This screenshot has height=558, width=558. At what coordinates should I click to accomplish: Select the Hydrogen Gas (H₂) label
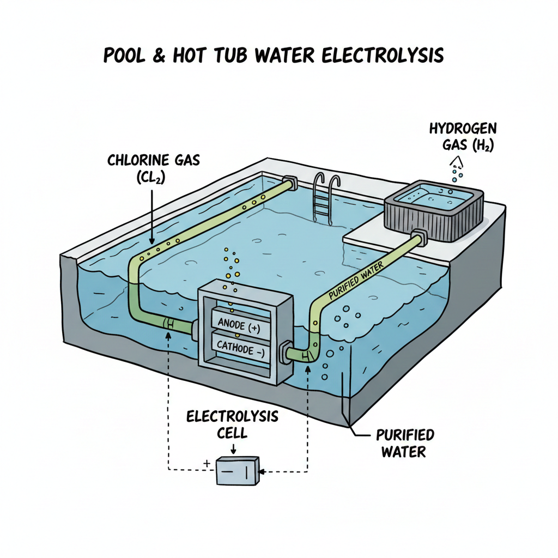461,137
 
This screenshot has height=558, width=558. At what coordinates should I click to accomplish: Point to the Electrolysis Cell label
233,425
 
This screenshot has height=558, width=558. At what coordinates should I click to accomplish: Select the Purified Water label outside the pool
405,443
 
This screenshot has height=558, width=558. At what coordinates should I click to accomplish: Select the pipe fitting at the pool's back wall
290,183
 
